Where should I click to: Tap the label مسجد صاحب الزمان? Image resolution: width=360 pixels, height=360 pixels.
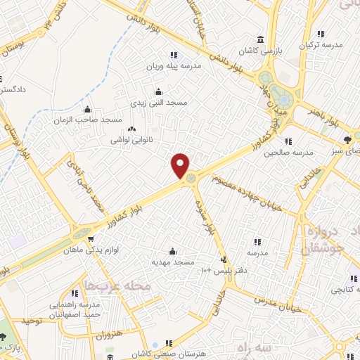(88, 120)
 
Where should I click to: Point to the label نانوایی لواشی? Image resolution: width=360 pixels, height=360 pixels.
(131, 140)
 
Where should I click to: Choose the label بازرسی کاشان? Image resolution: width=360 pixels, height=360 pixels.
(261, 51)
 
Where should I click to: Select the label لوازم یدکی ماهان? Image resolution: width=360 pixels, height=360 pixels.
(89, 250)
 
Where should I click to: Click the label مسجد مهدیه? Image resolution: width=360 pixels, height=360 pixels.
(173, 262)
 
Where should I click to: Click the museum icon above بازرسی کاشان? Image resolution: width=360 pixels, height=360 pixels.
(261, 39)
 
